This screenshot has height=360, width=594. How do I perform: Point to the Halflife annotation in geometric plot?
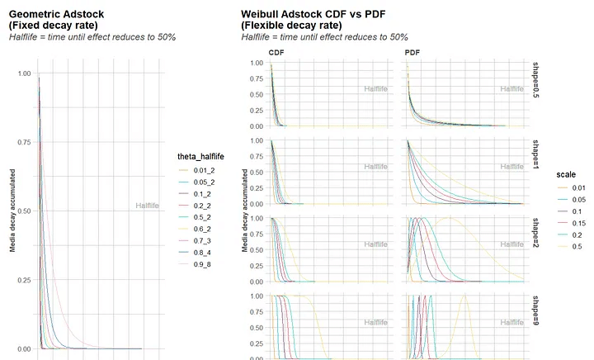pyautogui.click(x=148, y=206)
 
